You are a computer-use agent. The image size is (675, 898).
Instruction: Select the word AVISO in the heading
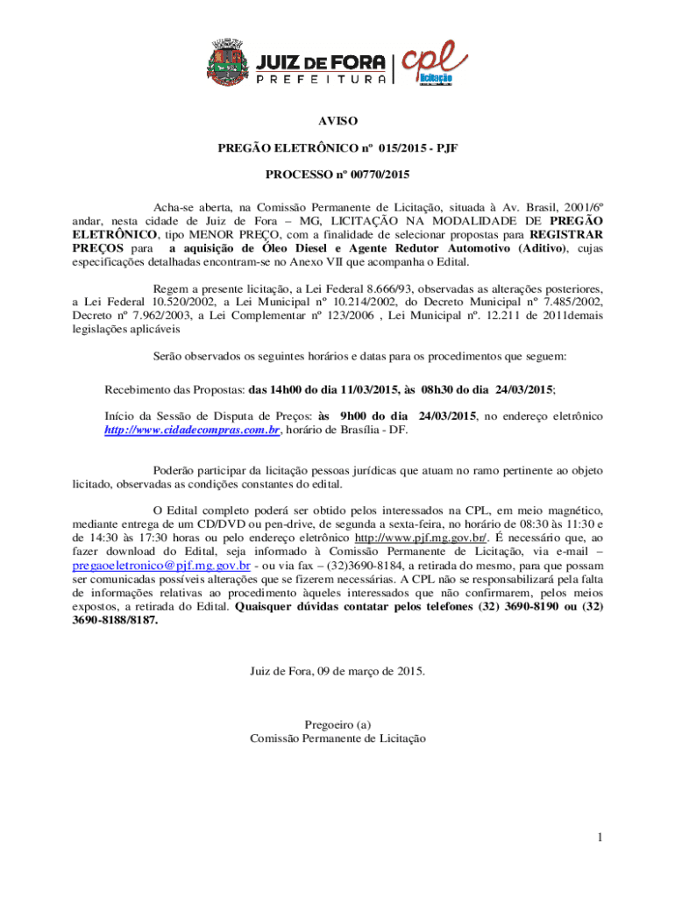tap(337, 121)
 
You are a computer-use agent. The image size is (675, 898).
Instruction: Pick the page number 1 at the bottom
tap(598, 837)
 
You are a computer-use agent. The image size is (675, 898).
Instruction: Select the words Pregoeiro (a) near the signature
tap(337, 724)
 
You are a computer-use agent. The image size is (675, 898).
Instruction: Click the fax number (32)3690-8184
tap(355, 566)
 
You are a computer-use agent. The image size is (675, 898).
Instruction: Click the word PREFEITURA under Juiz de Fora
tap(320, 79)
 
